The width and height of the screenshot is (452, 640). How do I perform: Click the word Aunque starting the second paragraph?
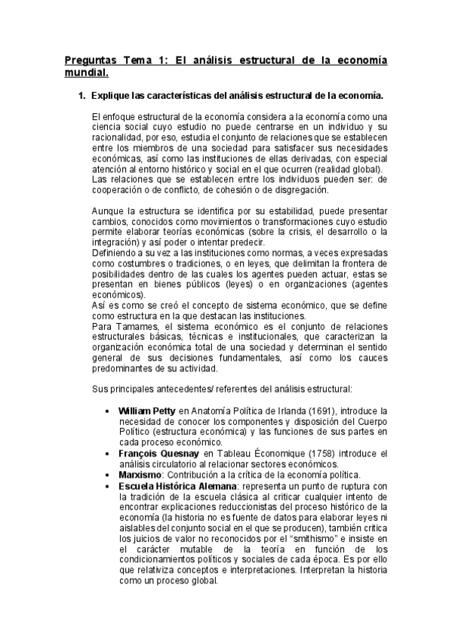pyautogui.click(x=107, y=210)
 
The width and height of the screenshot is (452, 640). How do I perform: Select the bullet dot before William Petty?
pyautogui.click(x=111, y=410)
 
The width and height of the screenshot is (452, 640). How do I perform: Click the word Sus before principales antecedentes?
pyautogui.click(x=98, y=389)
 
